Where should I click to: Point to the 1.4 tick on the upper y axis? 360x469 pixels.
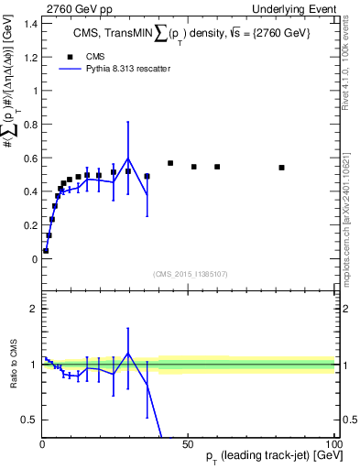point(29,23)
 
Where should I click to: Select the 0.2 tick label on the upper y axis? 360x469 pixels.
point(29,225)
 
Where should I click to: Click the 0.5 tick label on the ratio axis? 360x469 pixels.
point(29,420)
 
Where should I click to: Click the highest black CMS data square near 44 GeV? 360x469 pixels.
point(170,163)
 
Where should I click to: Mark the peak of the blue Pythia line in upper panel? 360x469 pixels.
point(128,158)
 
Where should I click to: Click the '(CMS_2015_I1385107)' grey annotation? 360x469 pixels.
point(188,274)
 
